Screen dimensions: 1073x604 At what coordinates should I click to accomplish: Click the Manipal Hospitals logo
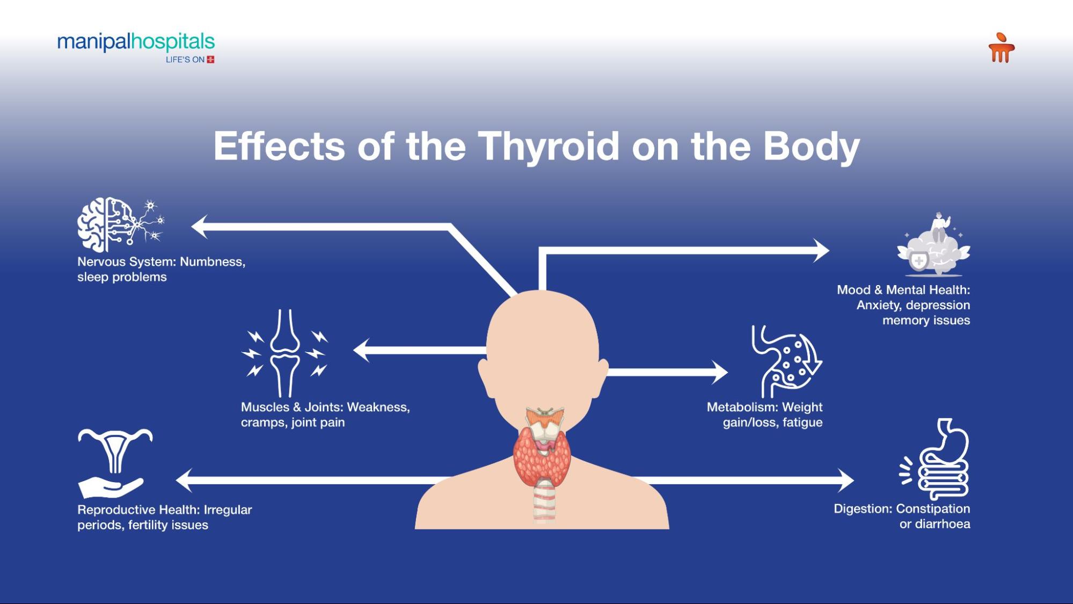pyautogui.click(x=136, y=47)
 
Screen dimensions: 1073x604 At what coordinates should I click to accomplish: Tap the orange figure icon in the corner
pyautogui.click(x=1001, y=47)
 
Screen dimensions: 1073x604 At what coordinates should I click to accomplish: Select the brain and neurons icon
pyautogui.click(x=121, y=224)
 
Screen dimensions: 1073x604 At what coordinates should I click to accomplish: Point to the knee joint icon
pyautogui.click(x=284, y=353)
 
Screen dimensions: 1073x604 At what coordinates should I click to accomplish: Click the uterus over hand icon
pyautogui.click(x=115, y=463)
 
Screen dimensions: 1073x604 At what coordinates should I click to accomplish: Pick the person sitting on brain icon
pyautogui.click(x=933, y=244)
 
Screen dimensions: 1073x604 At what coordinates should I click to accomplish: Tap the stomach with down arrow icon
pyautogui.click(x=786, y=361)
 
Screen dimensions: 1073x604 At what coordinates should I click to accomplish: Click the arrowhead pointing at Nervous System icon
pyautogui.click(x=200, y=227)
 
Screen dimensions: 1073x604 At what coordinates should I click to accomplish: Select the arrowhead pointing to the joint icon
pyautogui.click(x=361, y=350)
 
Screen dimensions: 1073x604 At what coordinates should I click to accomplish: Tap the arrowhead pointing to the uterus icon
pyautogui.click(x=184, y=481)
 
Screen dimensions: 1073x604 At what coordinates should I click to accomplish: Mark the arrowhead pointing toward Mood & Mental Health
pyautogui.click(x=821, y=250)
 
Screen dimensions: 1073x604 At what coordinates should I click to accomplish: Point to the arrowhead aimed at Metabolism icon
pyautogui.click(x=720, y=372)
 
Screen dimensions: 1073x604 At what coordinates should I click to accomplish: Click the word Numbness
pyautogui.click(x=213, y=262)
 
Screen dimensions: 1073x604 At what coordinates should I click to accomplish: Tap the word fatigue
pyautogui.click(x=802, y=423)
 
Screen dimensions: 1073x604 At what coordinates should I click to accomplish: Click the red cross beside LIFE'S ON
pyautogui.click(x=210, y=60)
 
